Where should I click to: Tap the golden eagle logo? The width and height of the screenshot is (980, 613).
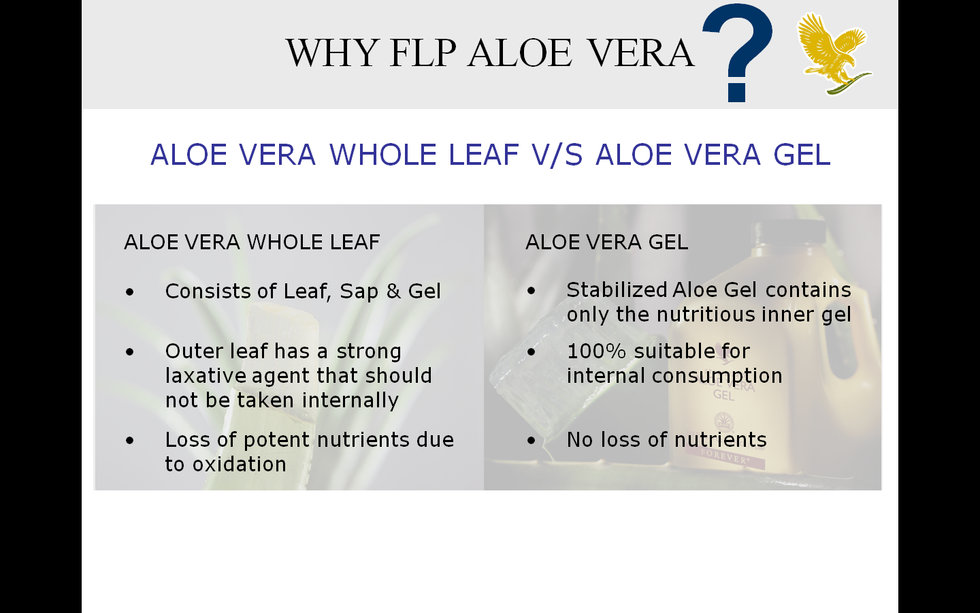tap(833, 53)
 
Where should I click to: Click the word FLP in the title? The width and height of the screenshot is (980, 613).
tap(422, 53)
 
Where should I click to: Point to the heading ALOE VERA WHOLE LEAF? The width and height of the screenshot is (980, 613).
tap(252, 242)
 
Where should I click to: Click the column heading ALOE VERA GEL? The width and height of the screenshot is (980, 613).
tap(606, 242)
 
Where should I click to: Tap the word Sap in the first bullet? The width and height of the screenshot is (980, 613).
tap(359, 292)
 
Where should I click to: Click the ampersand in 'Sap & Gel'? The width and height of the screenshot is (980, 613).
tap(393, 292)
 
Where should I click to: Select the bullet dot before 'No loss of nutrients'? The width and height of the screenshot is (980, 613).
tap(532, 441)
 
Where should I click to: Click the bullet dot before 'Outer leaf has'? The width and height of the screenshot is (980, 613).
tap(130, 352)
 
